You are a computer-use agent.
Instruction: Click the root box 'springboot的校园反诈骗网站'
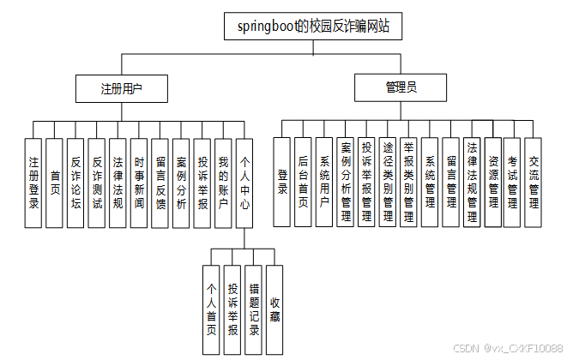coord(313,26)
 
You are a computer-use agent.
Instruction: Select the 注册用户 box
coord(121,88)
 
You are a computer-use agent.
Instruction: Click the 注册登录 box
coord(33,182)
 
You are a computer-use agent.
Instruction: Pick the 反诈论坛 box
coord(75,182)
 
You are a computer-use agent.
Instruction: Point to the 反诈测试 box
coord(97,182)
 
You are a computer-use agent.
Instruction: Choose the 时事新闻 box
coord(139,182)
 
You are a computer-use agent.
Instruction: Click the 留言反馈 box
coord(160,182)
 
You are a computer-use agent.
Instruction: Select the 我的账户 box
coord(223,182)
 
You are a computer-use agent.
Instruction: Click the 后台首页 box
coord(303,182)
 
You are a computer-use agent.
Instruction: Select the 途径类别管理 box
coord(388,182)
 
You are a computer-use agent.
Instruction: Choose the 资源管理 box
coord(492,182)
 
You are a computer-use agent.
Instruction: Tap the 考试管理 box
coord(513,182)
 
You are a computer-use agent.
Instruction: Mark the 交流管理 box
coord(534,182)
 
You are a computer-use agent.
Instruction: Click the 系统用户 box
coord(324,182)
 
